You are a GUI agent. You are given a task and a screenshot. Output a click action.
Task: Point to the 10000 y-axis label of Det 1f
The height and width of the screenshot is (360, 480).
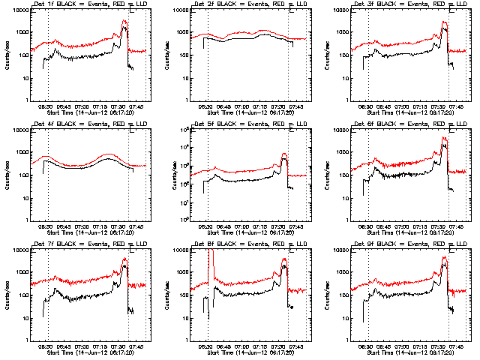(x=16, y=11)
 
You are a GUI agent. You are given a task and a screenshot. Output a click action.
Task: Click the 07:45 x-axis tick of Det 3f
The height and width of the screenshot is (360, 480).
(x=457, y=106)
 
